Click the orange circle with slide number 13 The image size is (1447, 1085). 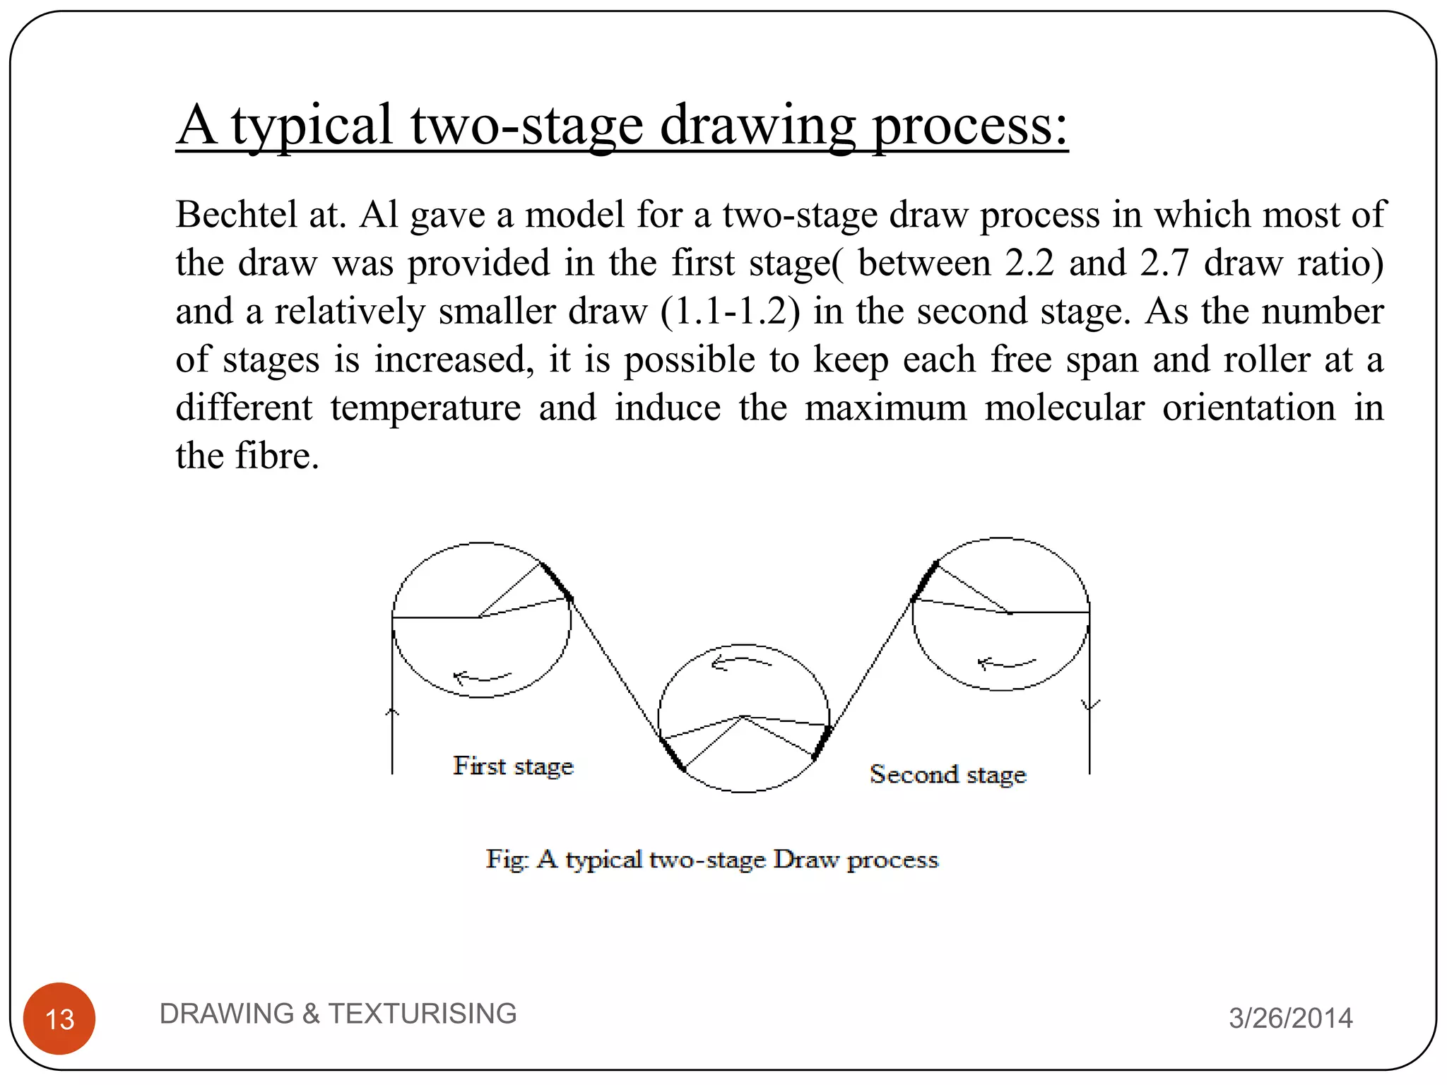click(x=59, y=1018)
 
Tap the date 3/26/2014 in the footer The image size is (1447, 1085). click(x=1290, y=1018)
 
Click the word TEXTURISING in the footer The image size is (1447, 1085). click(x=423, y=1013)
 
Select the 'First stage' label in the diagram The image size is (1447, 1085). click(x=513, y=766)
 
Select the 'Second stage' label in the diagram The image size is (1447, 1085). click(x=947, y=774)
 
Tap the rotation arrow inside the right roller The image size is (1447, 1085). click(x=1006, y=663)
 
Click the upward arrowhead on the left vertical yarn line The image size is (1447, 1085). click(x=392, y=712)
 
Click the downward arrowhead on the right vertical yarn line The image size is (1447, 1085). click(x=1090, y=704)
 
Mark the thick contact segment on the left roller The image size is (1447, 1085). click(x=557, y=581)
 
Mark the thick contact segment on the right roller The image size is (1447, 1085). click(x=925, y=581)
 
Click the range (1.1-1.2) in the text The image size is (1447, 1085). click(x=731, y=311)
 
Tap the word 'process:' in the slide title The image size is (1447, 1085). click(x=969, y=125)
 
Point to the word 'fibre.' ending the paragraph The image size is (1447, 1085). click(x=277, y=456)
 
